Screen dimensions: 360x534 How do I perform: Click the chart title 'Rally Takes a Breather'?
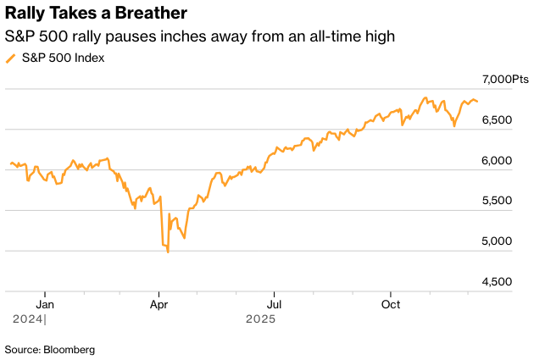tap(97, 14)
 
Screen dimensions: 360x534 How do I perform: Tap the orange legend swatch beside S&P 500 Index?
tap(10, 58)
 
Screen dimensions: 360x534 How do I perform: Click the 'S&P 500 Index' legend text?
tap(64, 58)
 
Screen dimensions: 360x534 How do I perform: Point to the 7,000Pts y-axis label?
tap(506, 80)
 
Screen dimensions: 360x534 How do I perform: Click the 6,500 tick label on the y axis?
tap(498, 120)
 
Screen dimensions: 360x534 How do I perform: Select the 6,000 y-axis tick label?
tap(498, 161)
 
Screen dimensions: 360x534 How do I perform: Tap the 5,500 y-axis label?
tap(498, 201)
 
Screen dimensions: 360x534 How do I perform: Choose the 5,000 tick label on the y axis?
tap(498, 241)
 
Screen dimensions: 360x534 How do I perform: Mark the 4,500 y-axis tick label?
tap(498, 281)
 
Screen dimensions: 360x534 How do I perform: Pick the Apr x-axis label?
tap(159, 302)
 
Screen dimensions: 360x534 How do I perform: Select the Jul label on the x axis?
tap(273, 302)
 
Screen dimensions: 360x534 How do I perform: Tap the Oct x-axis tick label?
tap(390, 302)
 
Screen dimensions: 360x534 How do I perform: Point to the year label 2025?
tap(260, 319)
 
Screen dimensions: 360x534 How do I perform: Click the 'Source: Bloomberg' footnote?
tap(50, 349)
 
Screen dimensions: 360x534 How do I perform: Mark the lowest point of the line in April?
tap(168, 252)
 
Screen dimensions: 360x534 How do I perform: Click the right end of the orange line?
tap(477, 102)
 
